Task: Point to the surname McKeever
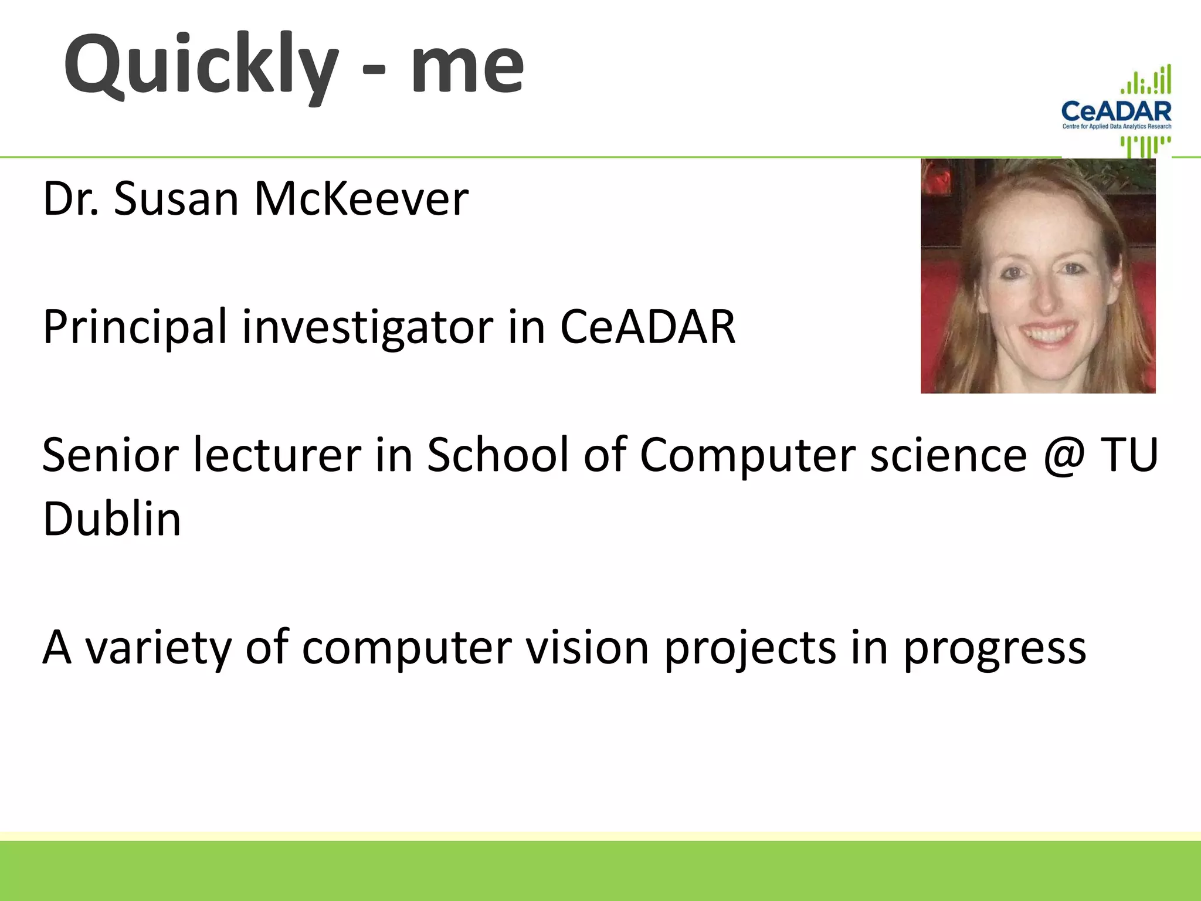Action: click(x=361, y=199)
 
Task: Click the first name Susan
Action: click(x=176, y=199)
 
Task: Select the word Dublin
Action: click(x=112, y=519)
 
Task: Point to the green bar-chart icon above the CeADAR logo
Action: click(x=1146, y=80)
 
